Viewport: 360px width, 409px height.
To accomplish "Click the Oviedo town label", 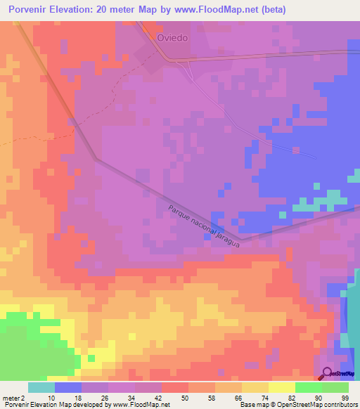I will (172, 38).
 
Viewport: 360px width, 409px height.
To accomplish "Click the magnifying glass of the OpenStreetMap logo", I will (328, 373).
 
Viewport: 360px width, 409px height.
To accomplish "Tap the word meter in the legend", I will (10, 398).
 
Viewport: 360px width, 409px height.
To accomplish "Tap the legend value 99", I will (344, 398).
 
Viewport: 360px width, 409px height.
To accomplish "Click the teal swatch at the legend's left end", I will (41, 387).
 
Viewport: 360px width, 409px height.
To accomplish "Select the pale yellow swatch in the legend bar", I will (282, 387).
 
